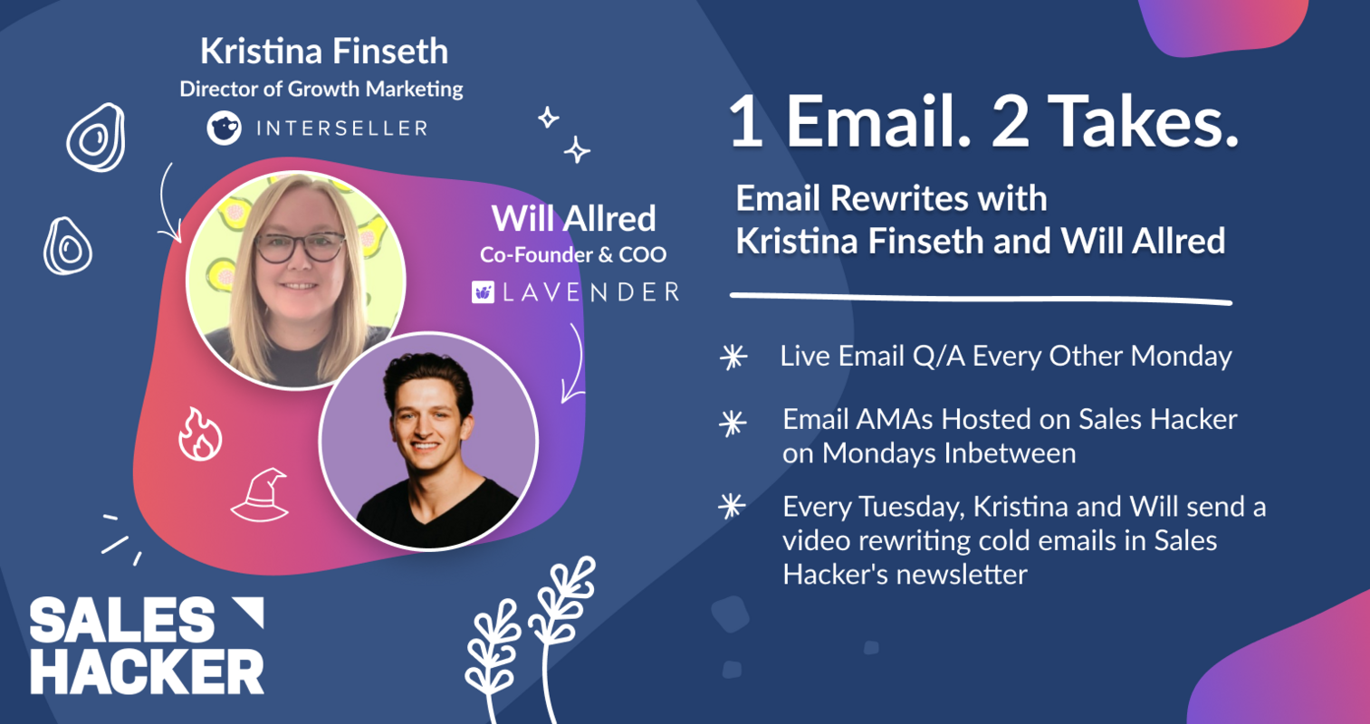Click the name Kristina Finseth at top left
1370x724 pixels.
point(323,52)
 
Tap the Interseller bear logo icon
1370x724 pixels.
point(224,128)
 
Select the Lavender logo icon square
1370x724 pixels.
point(483,291)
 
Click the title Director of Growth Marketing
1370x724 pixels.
point(321,89)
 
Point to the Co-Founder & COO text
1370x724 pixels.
point(572,255)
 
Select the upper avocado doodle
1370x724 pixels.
point(96,138)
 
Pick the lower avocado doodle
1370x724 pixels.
point(68,245)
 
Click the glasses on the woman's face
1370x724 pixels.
point(301,246)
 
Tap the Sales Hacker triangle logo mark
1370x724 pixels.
point(247,613)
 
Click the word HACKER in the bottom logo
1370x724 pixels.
point(147,672)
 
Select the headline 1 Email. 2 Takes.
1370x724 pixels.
point(983,121)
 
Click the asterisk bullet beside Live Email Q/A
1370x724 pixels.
point(733,357)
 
